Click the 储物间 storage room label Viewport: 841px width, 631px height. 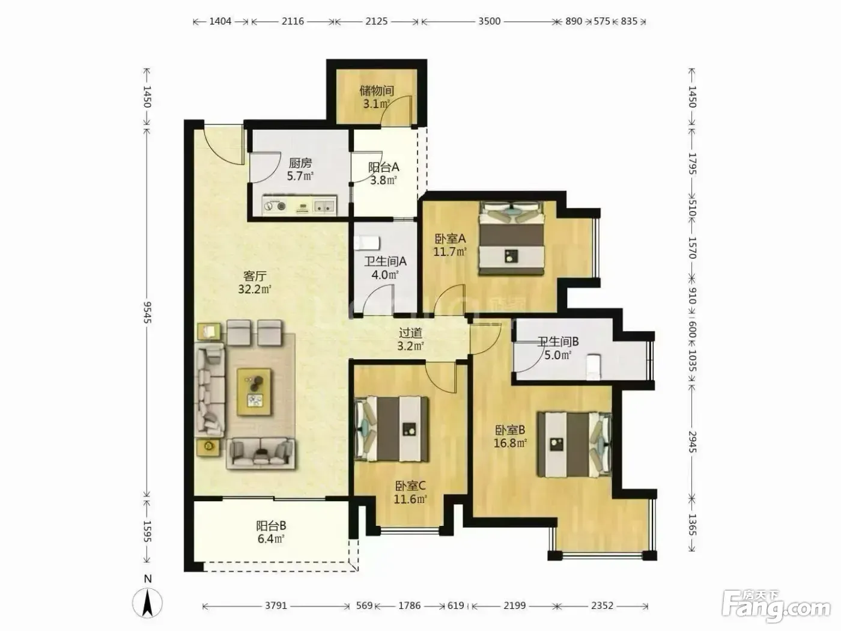(377, 91)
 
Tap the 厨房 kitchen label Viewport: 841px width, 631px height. (300, 163)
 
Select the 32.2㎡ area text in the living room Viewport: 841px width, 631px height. (255, 289)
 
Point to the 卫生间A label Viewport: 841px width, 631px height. (385, 261)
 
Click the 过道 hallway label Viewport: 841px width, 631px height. (410, 333)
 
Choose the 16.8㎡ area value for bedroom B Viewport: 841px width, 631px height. (510, 444)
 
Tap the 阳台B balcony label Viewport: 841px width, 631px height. (271, 526)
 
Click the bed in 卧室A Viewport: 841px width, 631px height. (511, 239)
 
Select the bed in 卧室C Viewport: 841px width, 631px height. (391, 428)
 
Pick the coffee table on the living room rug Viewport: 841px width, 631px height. (254, 392)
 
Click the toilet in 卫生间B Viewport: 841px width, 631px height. (593, 367)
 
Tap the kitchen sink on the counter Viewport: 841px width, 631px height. (324, 207)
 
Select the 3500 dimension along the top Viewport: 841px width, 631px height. (489, 22)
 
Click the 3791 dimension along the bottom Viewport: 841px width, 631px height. (276, 606)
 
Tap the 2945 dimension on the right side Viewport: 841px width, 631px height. (692, 442)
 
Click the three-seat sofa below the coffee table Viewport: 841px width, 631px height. (261, 454)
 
